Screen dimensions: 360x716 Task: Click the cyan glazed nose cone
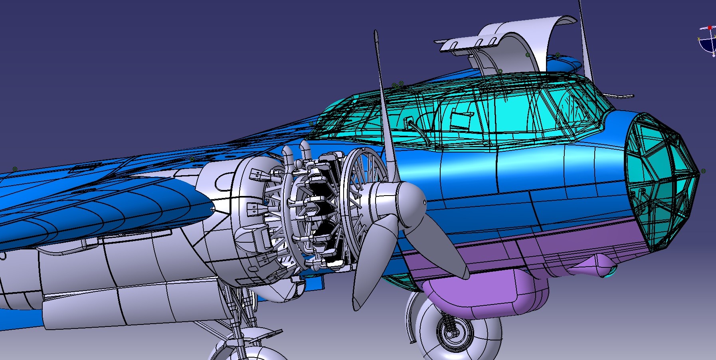coord(659,180)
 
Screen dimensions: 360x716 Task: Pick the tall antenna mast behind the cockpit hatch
coord(584,40)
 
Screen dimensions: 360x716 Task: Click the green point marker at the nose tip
coord(703,171)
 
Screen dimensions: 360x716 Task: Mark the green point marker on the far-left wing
coord(15,169)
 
